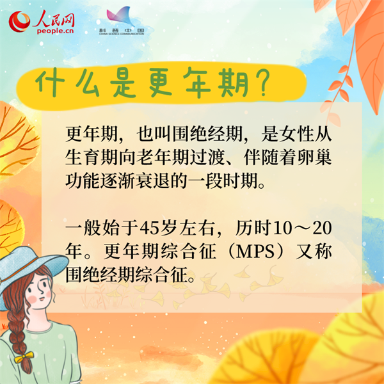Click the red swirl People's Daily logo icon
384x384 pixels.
[19, 22]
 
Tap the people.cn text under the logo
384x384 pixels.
[55, 31]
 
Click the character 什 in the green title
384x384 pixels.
[50, 83]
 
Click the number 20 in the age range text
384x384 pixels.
[323, 228]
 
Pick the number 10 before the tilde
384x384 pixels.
[282, 228]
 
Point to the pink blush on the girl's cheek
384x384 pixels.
[32, 299]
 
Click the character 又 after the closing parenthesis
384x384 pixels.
[305, 252]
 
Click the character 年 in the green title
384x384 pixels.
[197, 83]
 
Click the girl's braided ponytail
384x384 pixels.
[19, 343]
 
